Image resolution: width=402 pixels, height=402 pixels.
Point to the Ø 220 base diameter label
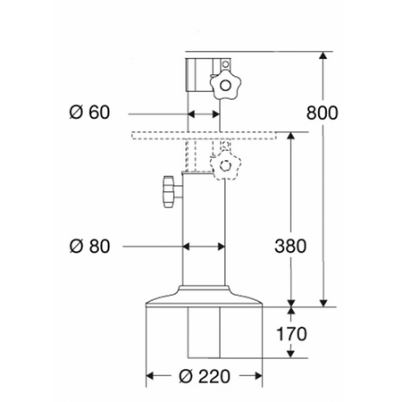coord(205,376)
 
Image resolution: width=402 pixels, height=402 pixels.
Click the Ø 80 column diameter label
coord(89,245)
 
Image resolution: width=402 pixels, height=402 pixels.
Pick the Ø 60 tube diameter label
coord(89,113)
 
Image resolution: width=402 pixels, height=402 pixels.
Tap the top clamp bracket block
coord(200,74)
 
